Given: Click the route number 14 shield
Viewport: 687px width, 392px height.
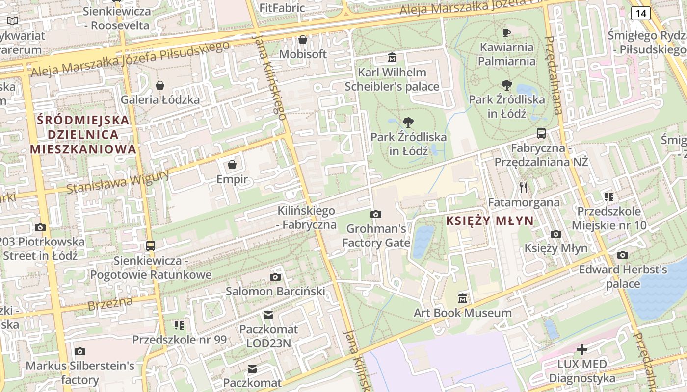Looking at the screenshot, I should point(640,13).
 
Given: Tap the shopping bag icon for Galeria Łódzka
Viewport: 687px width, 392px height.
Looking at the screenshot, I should point(160,86).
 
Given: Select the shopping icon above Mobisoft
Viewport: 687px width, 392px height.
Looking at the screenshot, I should point(303,40).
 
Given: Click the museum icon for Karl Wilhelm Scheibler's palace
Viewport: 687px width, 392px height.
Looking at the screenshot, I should point(392,58).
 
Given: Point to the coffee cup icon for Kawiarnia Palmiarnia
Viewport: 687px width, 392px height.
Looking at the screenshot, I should point(506,33).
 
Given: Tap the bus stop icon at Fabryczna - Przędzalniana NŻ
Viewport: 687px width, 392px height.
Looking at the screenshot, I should point(541,133).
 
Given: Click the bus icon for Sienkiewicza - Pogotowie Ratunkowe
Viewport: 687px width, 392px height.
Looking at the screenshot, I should point(151,246).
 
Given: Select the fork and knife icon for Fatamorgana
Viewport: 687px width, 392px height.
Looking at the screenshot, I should point(524,187).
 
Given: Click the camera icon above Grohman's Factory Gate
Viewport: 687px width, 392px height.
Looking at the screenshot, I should point(376,214).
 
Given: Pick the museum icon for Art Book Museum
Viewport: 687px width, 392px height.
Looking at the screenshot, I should point(462,298).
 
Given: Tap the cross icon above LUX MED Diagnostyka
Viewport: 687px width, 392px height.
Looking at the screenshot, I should point(581,349).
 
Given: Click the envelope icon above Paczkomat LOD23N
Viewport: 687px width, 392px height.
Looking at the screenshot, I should point(268,315).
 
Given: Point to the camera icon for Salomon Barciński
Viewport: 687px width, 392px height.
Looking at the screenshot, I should point(275,277).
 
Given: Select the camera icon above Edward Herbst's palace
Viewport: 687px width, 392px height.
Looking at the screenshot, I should point(623,255).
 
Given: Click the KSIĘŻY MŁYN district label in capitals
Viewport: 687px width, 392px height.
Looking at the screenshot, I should point(489,221).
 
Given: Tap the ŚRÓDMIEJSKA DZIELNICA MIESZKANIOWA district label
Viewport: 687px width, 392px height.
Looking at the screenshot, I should point(83,134).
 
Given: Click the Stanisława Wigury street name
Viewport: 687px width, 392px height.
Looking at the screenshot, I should point(118,181).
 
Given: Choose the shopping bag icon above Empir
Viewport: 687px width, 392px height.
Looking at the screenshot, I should point(232,165).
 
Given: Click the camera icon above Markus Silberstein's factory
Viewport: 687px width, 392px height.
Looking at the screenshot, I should point(79,351).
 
